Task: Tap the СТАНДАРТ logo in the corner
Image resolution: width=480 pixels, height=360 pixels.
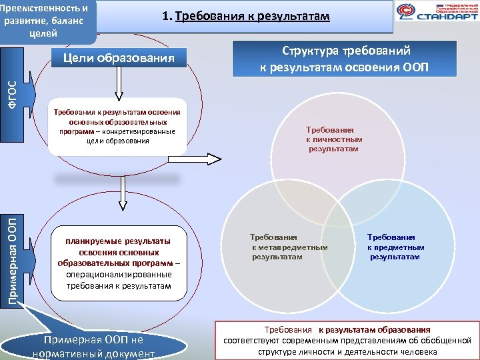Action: point(437,13)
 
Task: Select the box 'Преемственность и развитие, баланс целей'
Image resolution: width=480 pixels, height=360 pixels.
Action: point(47,19)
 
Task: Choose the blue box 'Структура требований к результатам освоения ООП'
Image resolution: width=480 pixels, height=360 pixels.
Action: point(345,59)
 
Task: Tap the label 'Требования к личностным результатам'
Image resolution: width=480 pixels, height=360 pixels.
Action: point(333,140)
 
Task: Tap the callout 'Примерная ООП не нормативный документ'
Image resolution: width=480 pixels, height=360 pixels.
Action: point(93,347)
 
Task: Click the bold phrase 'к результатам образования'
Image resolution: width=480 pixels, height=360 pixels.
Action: point(374,330)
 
